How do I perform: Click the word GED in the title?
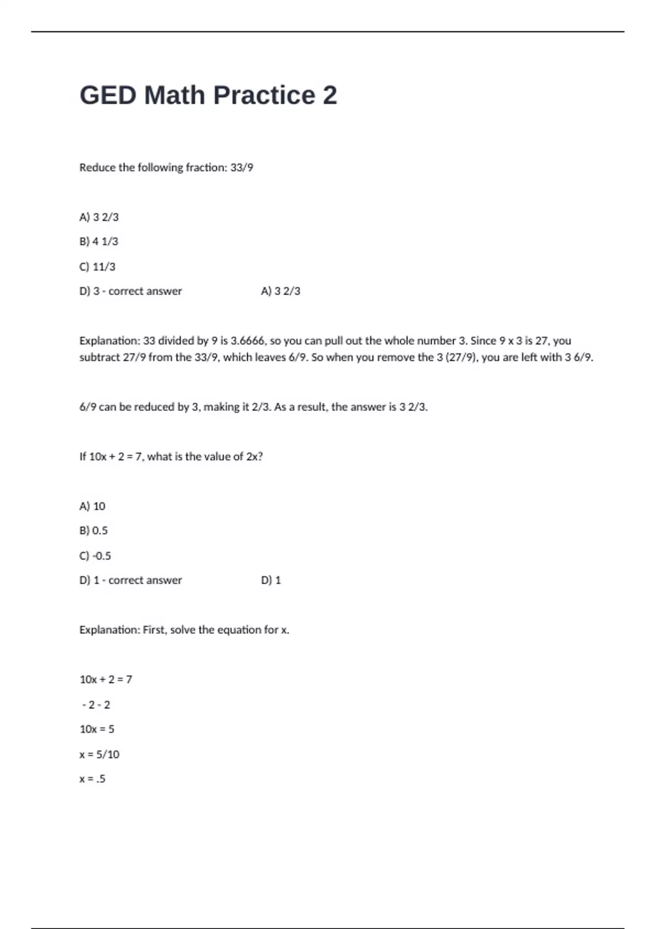108,95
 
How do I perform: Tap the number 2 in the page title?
330,95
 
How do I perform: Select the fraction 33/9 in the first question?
242,168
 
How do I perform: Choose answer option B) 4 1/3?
99,242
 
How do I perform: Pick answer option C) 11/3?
97,267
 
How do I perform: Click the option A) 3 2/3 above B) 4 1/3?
99,217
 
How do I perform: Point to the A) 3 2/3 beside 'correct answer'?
280,291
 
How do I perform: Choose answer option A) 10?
92,506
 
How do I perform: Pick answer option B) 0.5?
93,531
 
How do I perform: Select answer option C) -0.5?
95,556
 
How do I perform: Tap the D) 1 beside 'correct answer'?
271,580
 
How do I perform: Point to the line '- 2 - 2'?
96,705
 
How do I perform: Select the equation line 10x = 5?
97,729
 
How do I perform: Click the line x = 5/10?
99,754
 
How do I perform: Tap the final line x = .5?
92,779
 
